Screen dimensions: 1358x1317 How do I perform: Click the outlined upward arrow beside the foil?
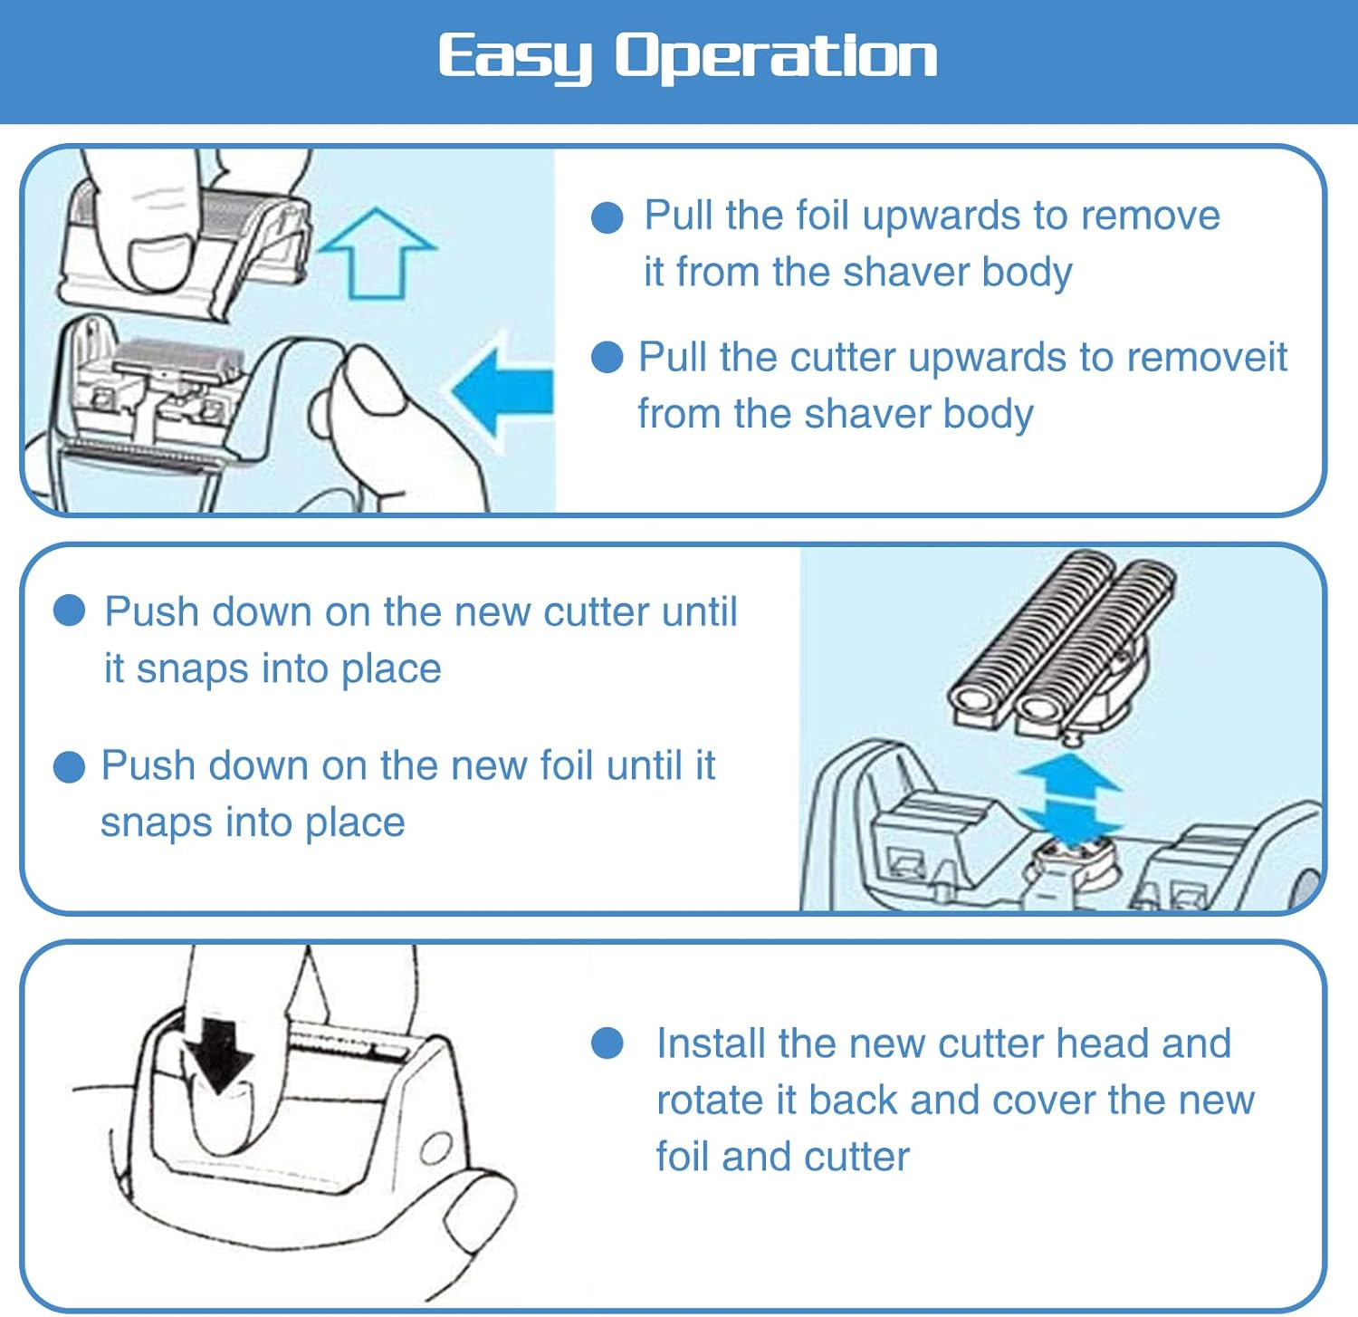point(377,253)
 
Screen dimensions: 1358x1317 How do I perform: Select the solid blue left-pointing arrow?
point(502,391)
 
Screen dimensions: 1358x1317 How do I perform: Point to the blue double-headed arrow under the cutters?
point(1071,798)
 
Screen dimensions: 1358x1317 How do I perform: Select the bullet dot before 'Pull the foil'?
point(607,217)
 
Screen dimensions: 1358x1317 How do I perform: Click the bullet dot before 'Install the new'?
point(607,1043)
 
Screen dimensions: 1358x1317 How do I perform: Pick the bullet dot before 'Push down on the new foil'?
point(70,766)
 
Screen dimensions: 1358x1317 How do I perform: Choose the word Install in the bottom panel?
point(711,1043)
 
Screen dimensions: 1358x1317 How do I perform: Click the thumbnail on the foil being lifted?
point(162,262)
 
